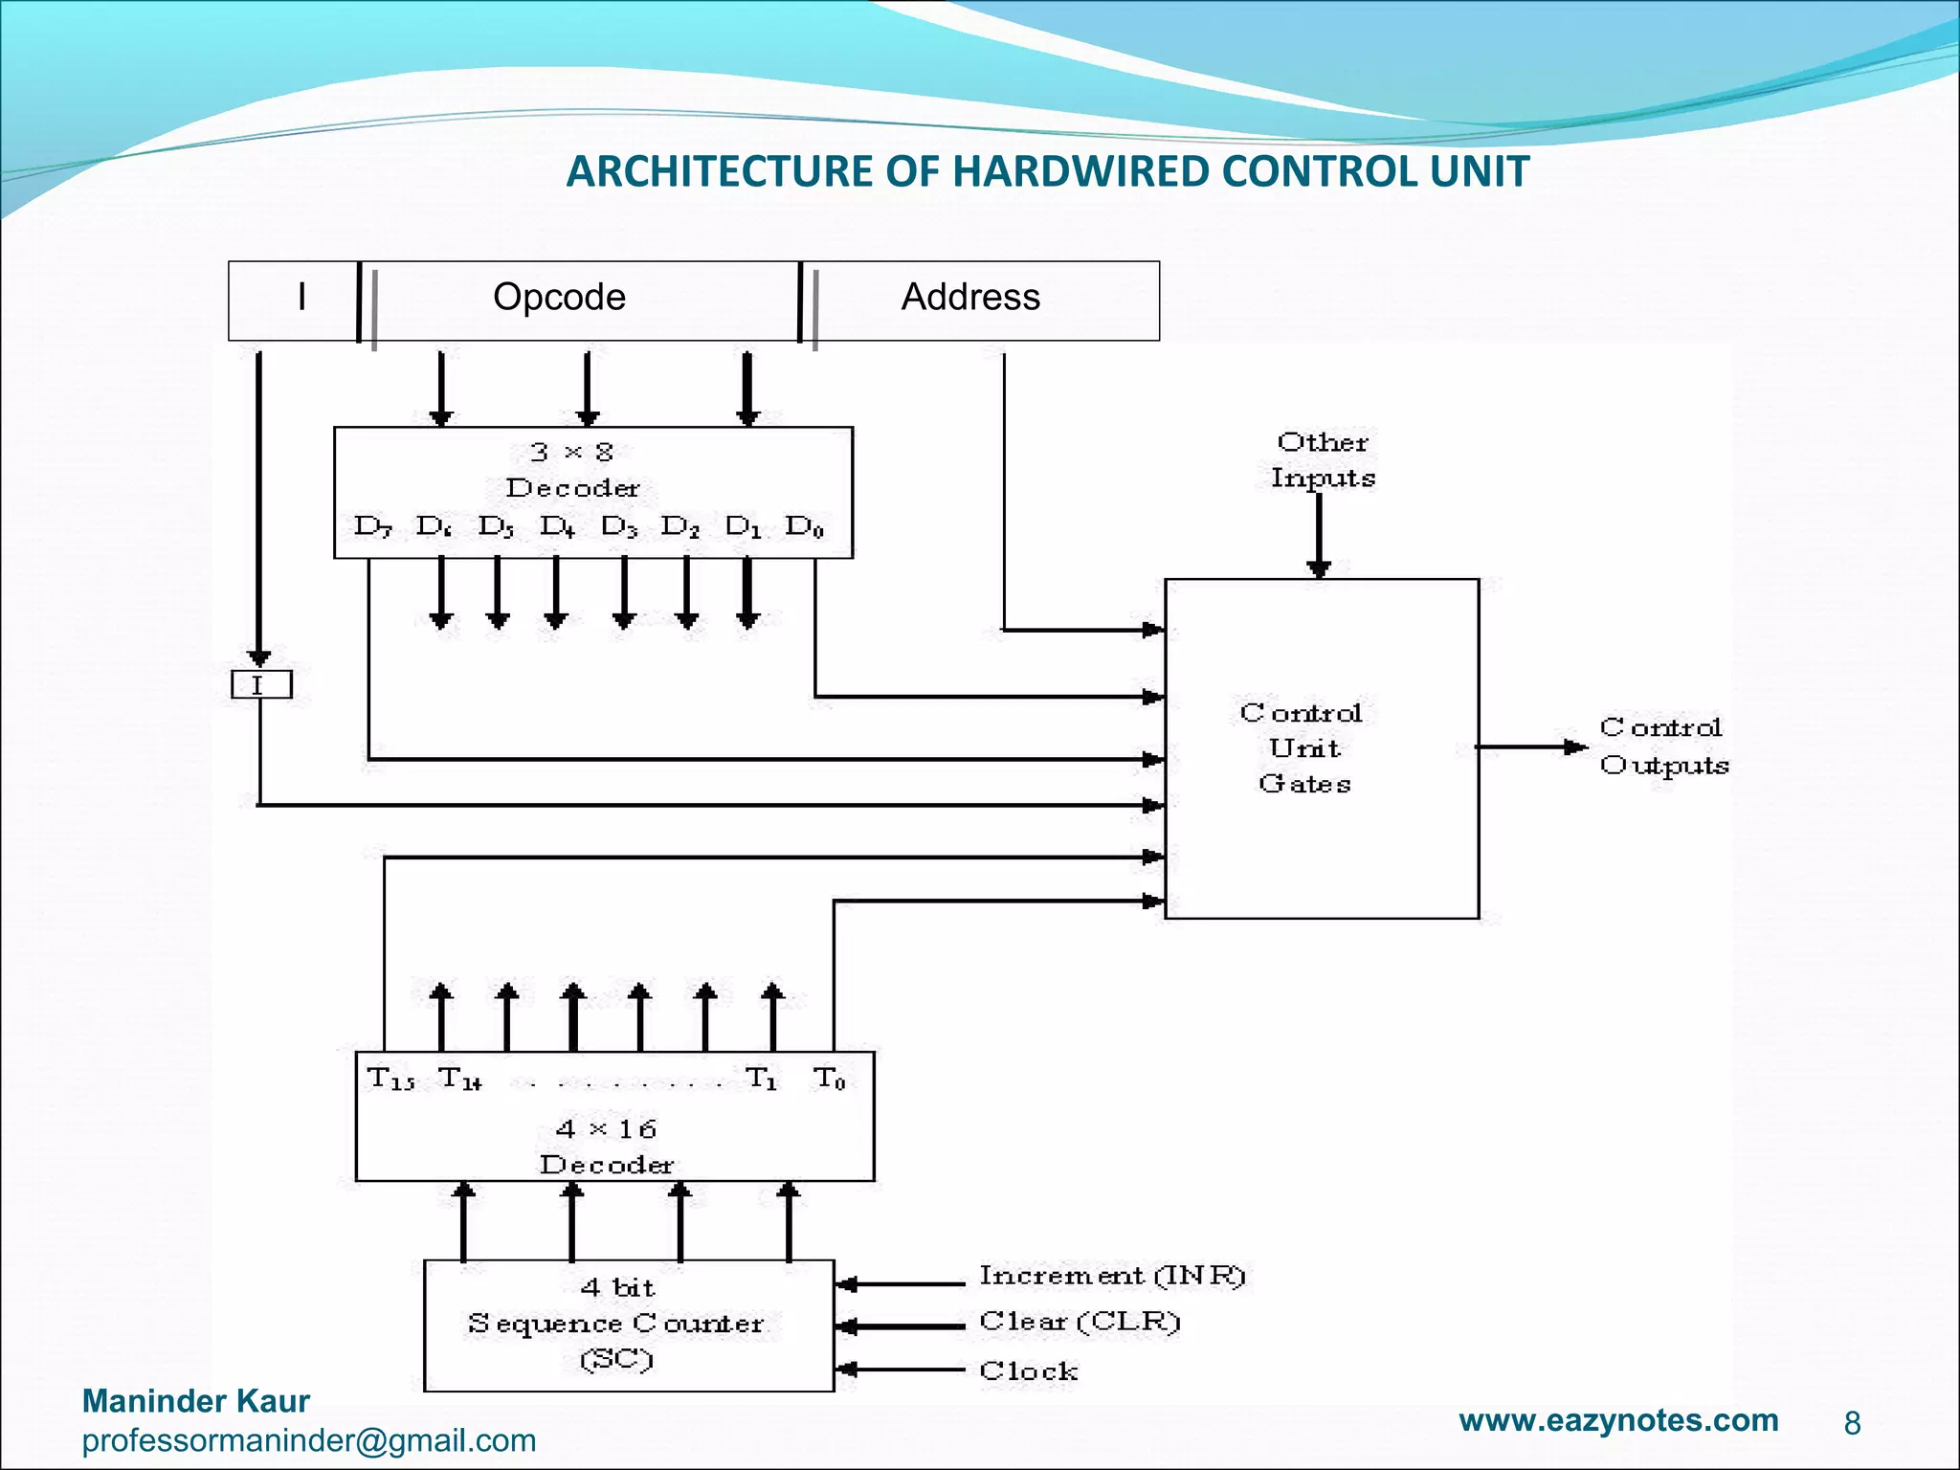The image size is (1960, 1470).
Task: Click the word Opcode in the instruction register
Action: [559, 297]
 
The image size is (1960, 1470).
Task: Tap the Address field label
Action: [969, 297]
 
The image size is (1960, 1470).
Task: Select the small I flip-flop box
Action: [260, 685]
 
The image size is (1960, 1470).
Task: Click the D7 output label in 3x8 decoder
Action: [371, 526]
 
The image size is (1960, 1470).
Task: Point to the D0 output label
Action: [804, 526]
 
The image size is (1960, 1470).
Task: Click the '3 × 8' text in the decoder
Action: [571, 452]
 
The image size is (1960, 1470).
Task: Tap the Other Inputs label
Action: [1322, 459]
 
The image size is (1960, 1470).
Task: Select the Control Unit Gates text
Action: [1303, 747]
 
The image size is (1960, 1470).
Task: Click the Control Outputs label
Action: [1663, 746]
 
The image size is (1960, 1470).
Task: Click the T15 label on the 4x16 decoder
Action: [390, 1080]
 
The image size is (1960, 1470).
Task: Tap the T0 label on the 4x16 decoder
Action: [829, 1080]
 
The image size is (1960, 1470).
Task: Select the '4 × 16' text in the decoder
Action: [606, 1129]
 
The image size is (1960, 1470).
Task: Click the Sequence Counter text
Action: [615, 1324]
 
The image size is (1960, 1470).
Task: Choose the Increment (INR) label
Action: [1111, 1276]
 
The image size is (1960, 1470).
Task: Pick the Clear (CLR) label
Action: [1080, 1322]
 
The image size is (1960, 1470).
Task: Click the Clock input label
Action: [1028, 1371]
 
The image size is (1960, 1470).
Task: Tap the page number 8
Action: [1852, 1424]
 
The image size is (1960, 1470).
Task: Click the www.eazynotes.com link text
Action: [1618, 1420]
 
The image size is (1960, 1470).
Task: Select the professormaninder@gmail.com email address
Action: [308, 1440]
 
